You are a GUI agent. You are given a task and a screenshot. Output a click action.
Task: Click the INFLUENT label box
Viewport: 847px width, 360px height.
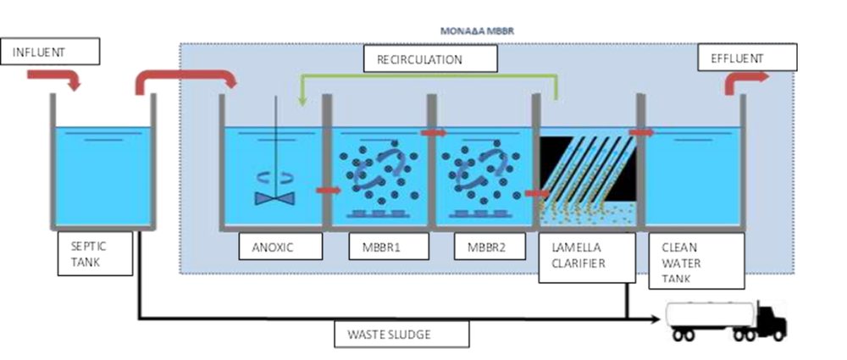click(50, 52)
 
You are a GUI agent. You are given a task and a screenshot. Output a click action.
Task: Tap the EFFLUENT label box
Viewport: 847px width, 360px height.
click(747, 58)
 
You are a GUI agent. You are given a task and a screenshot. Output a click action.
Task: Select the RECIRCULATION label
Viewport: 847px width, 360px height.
click(430, 59)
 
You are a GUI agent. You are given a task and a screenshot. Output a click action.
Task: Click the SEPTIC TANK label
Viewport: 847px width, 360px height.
click(95, 253)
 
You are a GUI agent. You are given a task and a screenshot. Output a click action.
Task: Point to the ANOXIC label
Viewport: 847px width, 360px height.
click(281, 246)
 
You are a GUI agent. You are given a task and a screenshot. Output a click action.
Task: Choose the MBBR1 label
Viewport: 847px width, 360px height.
click(389, 246)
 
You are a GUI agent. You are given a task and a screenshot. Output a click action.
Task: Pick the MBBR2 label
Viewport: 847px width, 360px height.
click(490, 246)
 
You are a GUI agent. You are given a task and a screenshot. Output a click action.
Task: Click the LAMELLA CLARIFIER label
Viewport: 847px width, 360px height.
click(587, 258)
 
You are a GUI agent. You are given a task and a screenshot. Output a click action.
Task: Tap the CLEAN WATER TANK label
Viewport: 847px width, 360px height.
click(696, 261)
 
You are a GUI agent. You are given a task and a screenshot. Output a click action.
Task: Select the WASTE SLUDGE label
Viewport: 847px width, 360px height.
click(401, 334)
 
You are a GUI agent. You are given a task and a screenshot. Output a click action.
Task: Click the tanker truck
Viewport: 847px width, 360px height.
click(726, 321)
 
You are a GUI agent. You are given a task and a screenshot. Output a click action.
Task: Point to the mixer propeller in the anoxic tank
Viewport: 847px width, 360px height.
click(275, 198)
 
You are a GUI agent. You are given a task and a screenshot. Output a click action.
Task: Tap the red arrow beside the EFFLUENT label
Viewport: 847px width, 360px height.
click(745, 80)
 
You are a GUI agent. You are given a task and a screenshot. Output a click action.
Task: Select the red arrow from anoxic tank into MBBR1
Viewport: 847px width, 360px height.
click(328, 190)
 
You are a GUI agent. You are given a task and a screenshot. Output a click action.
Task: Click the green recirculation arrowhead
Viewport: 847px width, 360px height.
click(303, 101)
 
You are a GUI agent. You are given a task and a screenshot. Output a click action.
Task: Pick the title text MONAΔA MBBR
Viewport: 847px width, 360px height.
click(477, 30)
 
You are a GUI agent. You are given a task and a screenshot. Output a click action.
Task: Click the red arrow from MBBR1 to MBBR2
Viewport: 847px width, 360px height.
click(434, 132)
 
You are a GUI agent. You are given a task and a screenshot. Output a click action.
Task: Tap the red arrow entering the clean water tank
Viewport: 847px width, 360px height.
click(641, 132)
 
